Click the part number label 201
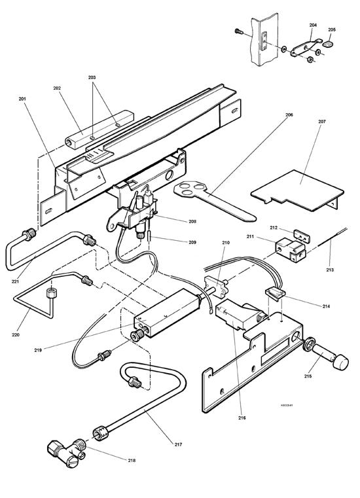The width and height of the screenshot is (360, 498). (x=23, y=99)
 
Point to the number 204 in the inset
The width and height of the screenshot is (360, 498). (x=313, y=25)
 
